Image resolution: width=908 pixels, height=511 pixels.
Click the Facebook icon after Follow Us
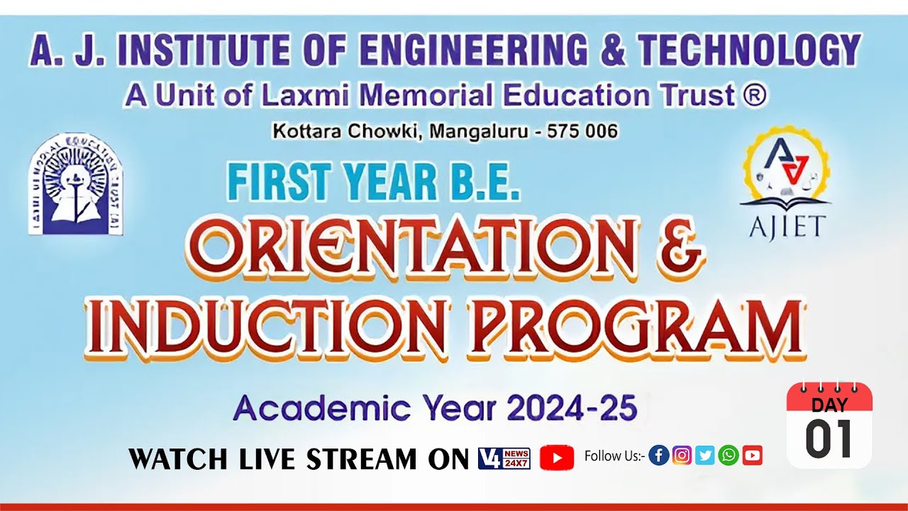(659, 456)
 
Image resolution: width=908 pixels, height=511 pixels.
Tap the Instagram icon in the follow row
(682, 456)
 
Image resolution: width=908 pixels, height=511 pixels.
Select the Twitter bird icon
(705, 456)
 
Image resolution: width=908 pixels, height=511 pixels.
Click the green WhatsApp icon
(729, 456)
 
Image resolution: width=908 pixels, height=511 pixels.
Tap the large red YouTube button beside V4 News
(557, 458)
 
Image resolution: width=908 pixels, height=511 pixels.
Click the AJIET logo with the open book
(785, 183)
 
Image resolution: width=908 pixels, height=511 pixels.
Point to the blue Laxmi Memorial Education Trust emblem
(75, 185)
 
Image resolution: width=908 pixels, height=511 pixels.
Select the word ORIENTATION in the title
(414, 248)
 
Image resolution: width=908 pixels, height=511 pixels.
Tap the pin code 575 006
(583, 131)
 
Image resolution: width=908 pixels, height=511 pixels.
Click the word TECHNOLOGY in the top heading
(748, 50)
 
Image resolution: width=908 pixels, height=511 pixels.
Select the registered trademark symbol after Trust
(755, 95)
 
